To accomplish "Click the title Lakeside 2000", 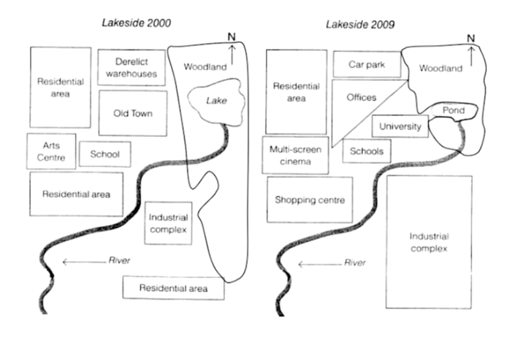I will click(136, 23).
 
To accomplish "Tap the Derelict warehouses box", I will click(131, 67).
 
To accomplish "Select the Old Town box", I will click(133, 113).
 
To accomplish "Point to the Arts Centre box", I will click(51, 151).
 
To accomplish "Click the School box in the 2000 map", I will click(105, 154).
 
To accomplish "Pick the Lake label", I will click(217, 101).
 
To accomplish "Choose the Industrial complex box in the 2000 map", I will click(168, 223).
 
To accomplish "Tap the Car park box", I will click(367, 64).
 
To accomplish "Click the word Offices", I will click(361, 97).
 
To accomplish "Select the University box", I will click(400, 126).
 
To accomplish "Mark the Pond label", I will click(453, 110).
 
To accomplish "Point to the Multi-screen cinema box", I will click(296, 155).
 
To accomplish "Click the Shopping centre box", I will click(310, 200).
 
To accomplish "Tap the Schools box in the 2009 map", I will click(367, 151).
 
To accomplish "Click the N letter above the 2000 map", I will click(231, 37).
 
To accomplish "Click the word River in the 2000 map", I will click(119, 260).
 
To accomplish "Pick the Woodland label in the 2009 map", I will click(441, 68).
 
